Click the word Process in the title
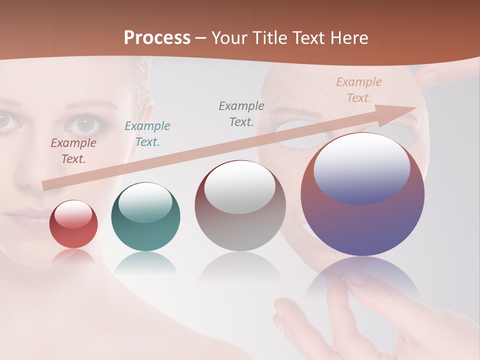(157, 38)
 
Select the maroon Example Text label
(73, 151)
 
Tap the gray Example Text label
(241, 114)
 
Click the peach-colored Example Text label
(359, 90)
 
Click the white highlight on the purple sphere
(362, 168)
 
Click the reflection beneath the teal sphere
(145, 262)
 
